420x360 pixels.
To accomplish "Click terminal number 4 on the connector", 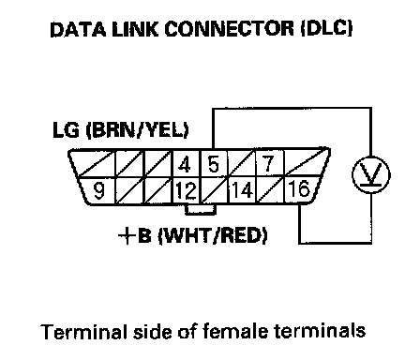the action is [x=185, y=164].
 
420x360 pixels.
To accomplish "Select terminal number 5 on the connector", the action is [x=214, y=164].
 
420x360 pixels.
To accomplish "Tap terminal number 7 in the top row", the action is [x=268, y=163].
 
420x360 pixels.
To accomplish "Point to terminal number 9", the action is [x=99, y=190].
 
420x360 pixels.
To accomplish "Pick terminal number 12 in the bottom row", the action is [x=186, y=190].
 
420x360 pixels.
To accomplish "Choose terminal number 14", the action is [x=242, y=189].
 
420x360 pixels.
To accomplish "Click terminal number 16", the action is [x=299, y=188].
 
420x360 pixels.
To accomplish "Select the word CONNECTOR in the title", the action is [x=230, y=29].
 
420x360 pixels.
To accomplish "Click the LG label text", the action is [x=66, y=129].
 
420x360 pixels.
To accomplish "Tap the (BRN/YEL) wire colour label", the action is [x=137, y=130].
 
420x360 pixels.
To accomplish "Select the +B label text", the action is [x=135, y=235].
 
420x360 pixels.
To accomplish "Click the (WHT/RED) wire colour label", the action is [x=213, y=236].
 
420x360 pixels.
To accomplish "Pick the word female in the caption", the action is [x=234, y=331].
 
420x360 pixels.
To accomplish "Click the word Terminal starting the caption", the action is [x=84, y=332].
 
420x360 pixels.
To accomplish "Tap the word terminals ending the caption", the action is [x=320, y=331].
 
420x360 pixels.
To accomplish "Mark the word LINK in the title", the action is [x=135, y=29].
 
